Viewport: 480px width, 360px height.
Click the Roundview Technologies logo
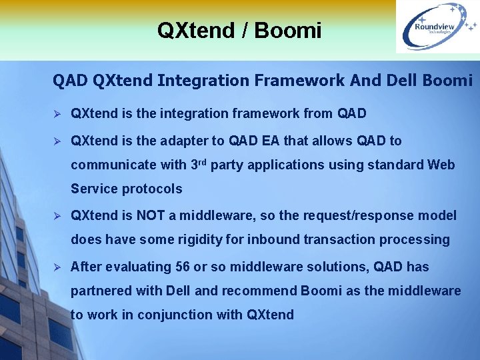437,27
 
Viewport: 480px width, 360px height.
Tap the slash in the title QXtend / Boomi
244,30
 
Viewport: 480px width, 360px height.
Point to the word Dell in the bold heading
402,81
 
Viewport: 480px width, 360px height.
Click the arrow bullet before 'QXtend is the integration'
57,114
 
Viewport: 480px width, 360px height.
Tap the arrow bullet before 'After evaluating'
57,267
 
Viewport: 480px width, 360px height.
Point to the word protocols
151,189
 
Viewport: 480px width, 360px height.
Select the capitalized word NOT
153,215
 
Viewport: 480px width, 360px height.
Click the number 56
182,267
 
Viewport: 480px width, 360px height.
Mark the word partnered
100,291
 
